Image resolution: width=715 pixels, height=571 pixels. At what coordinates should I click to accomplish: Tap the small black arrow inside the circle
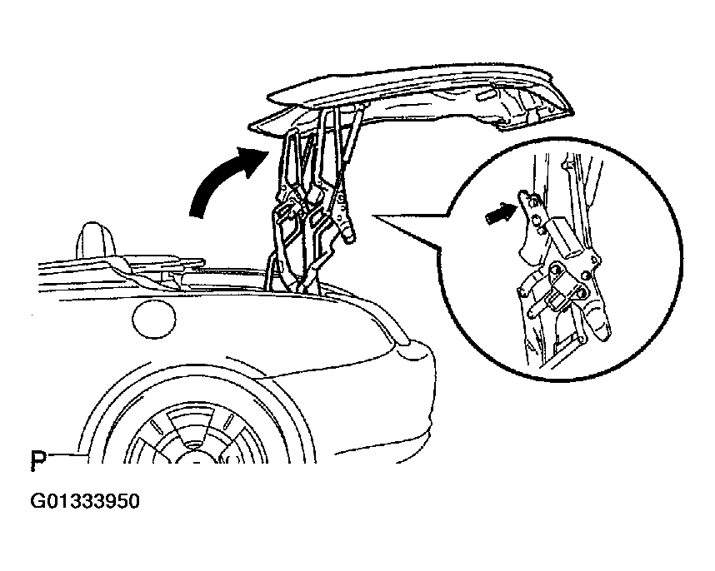(x=500, y=213)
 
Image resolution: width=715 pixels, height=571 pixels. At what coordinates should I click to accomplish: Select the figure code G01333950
(x=85, y=501)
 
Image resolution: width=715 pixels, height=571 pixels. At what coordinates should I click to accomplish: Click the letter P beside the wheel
(x=39, y=460)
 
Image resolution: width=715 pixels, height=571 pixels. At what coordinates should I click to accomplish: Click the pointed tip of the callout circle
(x=374, y=215)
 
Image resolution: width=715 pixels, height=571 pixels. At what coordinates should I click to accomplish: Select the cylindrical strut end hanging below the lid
(x=348, y=232)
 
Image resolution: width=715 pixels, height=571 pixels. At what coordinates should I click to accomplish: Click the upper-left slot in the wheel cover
(x=157, y=427)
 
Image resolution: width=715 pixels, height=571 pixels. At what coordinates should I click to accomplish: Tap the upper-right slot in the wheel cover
(x=230, y=421)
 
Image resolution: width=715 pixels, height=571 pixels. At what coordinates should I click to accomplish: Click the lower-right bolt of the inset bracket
(x=582, y=292)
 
